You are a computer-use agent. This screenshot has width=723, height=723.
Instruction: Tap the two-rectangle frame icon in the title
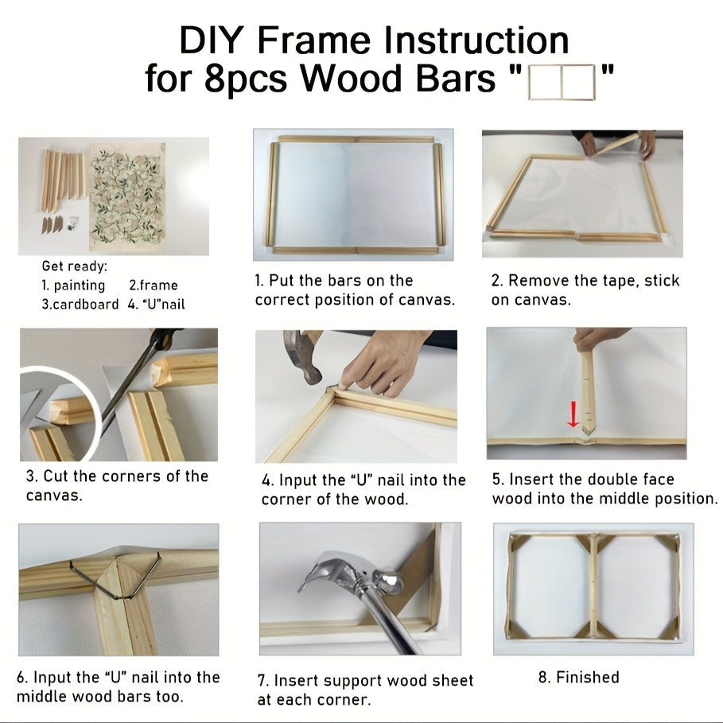[x=562, y=80]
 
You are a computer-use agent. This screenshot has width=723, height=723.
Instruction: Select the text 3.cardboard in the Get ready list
[x=80, y=304]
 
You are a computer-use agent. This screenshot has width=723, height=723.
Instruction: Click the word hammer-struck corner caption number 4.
[x=266, y=480]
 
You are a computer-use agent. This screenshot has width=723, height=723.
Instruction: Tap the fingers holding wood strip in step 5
[x=597, y=339]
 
